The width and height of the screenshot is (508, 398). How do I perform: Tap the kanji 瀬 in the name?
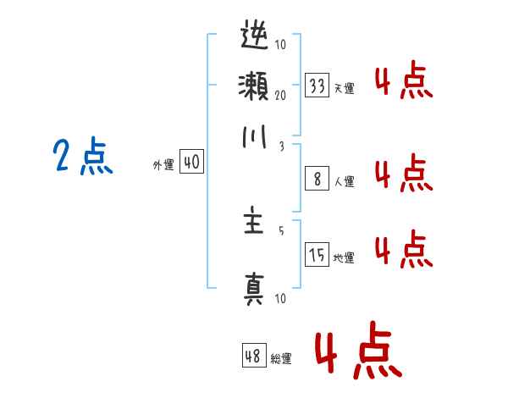click(x=254, y=86)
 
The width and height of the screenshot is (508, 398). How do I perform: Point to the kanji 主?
click(x=254, y=225)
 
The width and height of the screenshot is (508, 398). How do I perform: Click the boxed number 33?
click(x=317, y=86)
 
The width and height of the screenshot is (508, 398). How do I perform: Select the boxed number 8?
click(x=317, y=179)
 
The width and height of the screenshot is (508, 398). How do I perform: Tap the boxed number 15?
click(x=317, y=255)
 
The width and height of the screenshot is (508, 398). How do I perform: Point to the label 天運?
click(x=345, y=88)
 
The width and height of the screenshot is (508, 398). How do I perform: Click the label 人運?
click(x=345, y=181)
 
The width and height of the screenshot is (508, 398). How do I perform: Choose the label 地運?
click(x=345, y=257)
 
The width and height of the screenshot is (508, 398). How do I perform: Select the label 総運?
click(x=281, y=359)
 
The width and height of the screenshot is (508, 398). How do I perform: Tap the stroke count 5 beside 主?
click(x=280, y=229)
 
